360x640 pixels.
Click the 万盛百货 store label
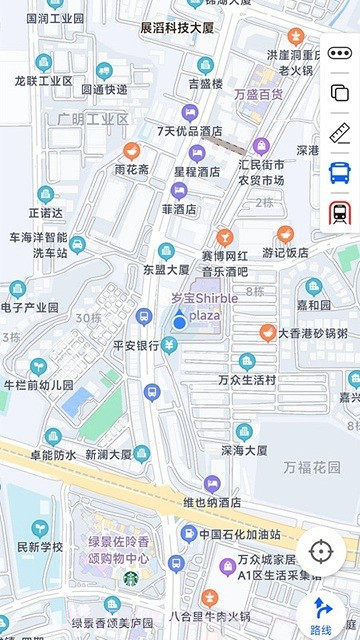click(x=258, y=95)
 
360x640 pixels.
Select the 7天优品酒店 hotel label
click(x=189, y=131)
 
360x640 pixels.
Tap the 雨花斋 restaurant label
click(x=131, y=170)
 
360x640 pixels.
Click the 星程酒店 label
click(x=197, y=171)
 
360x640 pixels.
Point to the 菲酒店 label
click(x=180, y=210)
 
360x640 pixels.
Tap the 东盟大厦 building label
click(x=166, y=269)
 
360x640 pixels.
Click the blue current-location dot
click(x=179, y=321)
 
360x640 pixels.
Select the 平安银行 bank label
click(x=136, y=346)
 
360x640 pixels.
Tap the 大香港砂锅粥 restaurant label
click(x=312, y=333)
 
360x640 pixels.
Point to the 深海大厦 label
click(x=244, y=450)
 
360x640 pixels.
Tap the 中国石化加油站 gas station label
click(x=237, y=534)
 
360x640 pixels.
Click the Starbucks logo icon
click(x=130, y=578)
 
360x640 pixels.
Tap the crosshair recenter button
click(x=320, y=551)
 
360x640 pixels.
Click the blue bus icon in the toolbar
click(x=340, y=172)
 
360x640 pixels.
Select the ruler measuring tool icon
click(x=340, y=132)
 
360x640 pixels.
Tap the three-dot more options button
click(x=340, y=53)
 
